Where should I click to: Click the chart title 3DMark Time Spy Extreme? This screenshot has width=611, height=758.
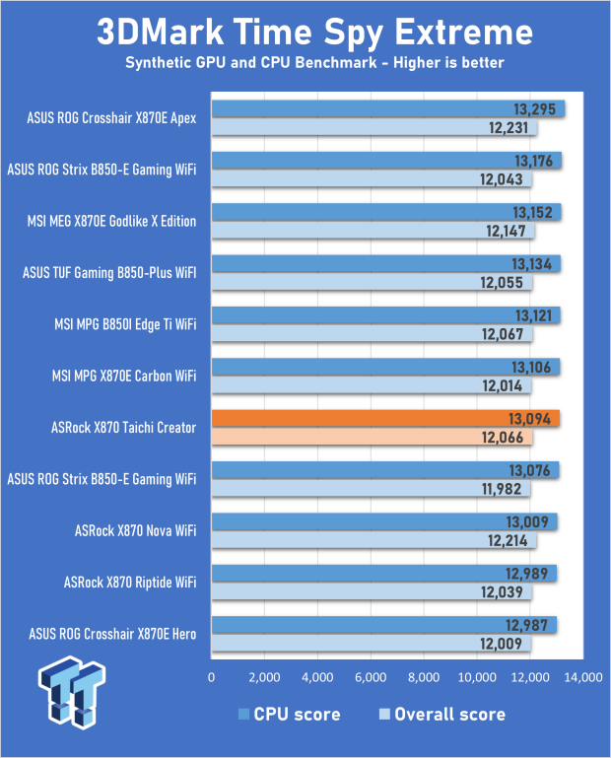(x=314, y=32)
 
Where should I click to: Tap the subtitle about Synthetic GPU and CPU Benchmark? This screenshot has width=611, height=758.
(x=314, y=64)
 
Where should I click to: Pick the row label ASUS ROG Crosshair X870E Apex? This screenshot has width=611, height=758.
(x=112, y=118)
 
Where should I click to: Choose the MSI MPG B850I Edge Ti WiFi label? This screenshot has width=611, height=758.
(x=121, y=323)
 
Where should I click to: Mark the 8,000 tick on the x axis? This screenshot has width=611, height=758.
(x=423, y=678)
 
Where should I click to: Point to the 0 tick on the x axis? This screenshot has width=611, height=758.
(x=211, y=678)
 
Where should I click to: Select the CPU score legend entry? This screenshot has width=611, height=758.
(x=292, y=715)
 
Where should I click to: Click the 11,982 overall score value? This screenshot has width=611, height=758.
(x=505, y=489)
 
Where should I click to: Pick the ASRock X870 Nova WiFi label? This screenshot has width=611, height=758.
(x=135, y=530)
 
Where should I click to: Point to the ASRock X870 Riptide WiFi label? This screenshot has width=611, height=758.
(x=130, y=582)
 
